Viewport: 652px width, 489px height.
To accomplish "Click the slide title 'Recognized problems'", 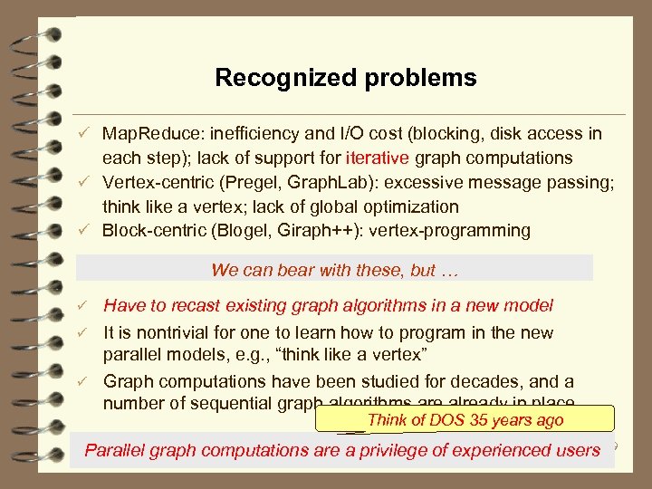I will pos(345,78).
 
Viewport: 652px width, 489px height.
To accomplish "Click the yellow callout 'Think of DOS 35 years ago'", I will pos(465,419).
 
